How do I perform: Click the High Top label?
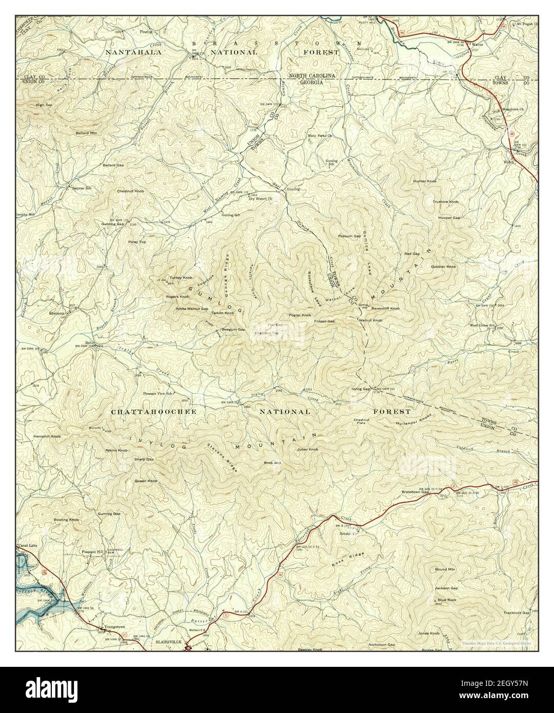coord(44,105)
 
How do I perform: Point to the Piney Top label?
coord(137,242)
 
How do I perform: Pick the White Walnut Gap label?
coord(192,309)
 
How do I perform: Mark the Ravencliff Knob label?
coord(385,309)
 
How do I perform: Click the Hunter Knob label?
coord(425,182)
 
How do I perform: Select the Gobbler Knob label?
coord(444,267)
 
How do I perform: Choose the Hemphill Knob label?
coord(47,437)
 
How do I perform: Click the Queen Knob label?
coord(146,481)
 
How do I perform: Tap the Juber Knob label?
coord(307,449)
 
